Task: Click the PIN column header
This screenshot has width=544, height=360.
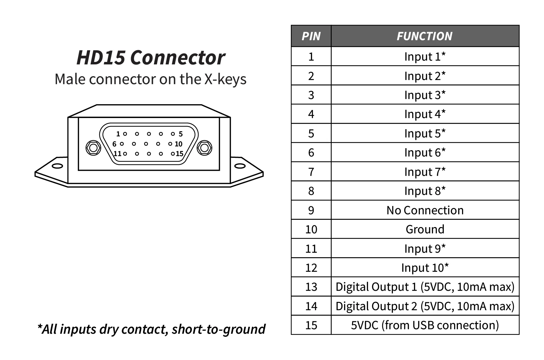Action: (x=311, y=36)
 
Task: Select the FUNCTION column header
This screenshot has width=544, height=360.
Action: (x=424, y=36)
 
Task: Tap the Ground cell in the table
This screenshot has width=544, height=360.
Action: (x=425, y=229)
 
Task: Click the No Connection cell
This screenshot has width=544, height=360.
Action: (x=425, y=210)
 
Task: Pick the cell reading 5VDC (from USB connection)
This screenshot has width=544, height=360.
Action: (x=425, y=325)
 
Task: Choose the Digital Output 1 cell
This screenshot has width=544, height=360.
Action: (x=425, y=287)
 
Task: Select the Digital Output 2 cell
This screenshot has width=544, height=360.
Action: (x=425, y=306)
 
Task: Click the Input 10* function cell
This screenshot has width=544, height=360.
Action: (x=425, y=268)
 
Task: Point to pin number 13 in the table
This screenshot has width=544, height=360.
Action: (x=311, y=287)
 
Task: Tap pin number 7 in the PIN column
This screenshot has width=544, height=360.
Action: (x=311, y=172)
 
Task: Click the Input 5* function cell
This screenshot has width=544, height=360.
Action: (x=425, y=133)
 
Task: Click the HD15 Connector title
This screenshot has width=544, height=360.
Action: (x=150, y=57)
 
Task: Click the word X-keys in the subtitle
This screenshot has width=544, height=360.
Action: (x=225, y=79)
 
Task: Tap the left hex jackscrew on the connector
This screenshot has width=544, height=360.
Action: (x=93, y=148)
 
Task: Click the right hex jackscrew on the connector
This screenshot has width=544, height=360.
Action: (x=204, y=148)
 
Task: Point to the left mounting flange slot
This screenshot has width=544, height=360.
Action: (x=57, y=166)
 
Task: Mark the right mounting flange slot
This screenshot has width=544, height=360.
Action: (x=240, y=166)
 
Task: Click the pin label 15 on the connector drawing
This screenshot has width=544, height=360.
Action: (x=179, y=154)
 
